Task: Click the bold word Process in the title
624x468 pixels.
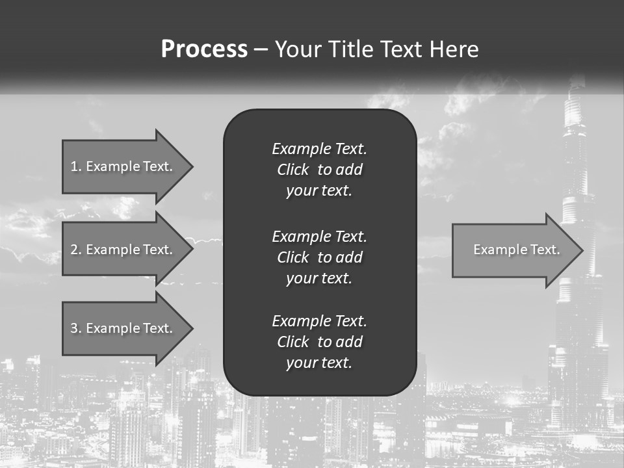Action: [x=204, y=49]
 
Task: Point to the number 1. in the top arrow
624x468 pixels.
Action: [x=76, y=166]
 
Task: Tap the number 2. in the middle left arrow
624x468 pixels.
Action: [x=76, y=250]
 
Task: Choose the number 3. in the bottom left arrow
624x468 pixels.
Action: [x=76, y=328]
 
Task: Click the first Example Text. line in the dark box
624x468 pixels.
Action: [x=319, y=149]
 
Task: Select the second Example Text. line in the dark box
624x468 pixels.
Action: [x=319, y=236]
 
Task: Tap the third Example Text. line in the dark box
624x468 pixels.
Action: [x=319, y=321]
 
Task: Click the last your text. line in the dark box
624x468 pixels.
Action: [x=319, y=363]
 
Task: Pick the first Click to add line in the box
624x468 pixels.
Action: [x=319, y=170]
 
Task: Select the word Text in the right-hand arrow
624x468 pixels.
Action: [x=545, y=250]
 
